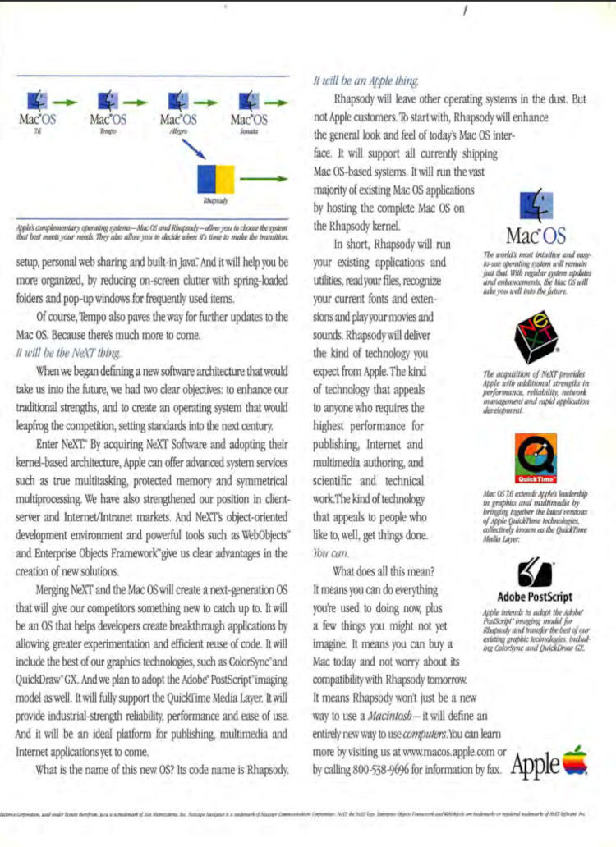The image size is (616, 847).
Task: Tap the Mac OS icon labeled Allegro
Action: pyautogui.click(x=178, y=101)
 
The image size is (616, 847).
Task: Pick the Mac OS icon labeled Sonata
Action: pyautogui.click(x=249, y=101)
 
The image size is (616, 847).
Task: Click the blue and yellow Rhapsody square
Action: pyautogui.click(x=215, y=177)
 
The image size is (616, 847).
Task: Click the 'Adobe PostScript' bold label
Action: pyautogui.click(x=536, y=597)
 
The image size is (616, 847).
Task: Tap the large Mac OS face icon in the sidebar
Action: pyautogui.click(x=536, y=202)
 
